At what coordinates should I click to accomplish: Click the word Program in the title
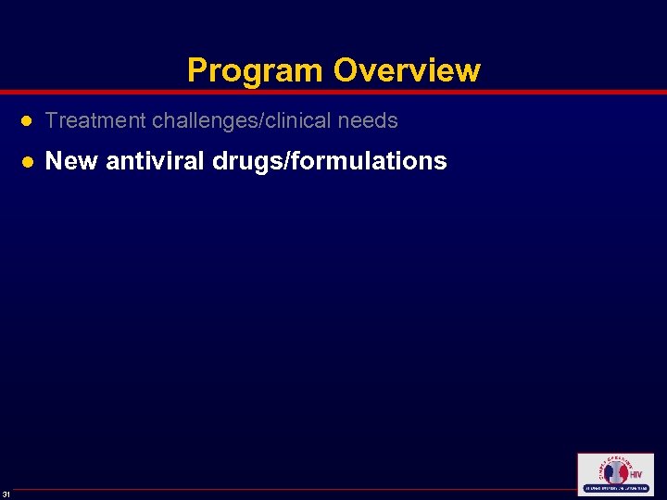(x=255, y=70)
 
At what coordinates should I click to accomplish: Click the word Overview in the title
(x=407, y=70)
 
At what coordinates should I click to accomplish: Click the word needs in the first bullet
(x=372, y=120)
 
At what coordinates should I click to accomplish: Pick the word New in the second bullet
(x=71, y=161)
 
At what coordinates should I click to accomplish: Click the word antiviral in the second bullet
(x=156, y=161)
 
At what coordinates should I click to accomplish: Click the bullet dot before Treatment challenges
(x=28, y=121)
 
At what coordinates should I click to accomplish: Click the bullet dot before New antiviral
(x=28, y=162)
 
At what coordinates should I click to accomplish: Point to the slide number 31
(x=6, y=492)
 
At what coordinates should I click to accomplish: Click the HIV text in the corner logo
(x=636, y=475)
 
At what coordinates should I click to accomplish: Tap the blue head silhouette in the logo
(x=608, y=473)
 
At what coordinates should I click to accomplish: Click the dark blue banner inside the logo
(x=615, y=488)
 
